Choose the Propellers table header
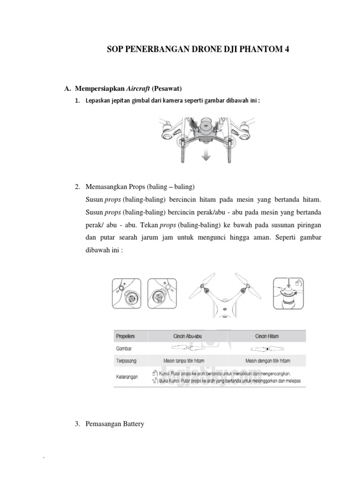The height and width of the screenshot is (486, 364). (126, 336)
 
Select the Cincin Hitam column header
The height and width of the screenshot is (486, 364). (267, 336)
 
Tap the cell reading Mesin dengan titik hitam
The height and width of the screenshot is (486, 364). (267, 361)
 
